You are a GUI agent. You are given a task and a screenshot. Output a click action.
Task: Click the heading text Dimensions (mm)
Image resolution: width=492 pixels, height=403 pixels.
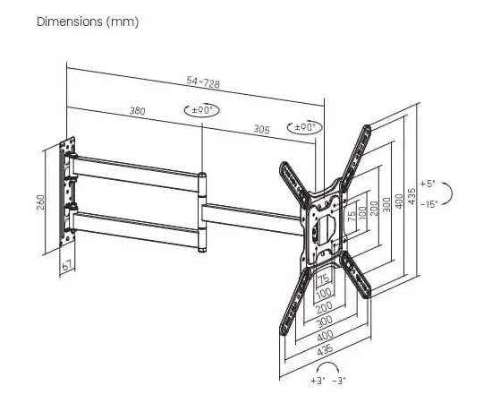[x=88, y=22]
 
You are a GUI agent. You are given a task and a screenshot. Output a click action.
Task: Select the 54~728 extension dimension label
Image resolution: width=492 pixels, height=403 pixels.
[x=203, y=82]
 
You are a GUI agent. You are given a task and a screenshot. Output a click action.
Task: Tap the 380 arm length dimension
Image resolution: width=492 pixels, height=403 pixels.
[x=138, y=111]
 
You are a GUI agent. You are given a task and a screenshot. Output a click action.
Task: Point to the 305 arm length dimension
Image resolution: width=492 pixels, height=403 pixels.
[x=261, y=129]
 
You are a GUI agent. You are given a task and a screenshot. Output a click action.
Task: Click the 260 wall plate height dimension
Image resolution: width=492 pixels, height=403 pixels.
[x=41, y=202]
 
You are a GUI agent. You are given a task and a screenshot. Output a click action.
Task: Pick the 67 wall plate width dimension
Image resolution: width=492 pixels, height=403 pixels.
[x=67, y=266]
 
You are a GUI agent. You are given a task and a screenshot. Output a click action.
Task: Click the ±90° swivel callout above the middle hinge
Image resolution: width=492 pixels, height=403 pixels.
[x=201, y=110]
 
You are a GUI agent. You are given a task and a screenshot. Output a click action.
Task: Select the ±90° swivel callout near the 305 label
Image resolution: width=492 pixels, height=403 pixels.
[x=305, y=127]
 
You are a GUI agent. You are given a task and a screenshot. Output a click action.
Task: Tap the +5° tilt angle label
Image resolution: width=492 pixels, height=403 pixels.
[x=428, y=184]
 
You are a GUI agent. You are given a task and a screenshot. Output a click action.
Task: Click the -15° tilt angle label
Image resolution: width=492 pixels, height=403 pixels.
[x=428, y=204]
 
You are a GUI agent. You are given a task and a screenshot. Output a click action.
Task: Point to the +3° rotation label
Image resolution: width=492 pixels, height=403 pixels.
[x=318, y=381]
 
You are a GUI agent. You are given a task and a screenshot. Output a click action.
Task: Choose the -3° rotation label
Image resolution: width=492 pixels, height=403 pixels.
[x=339, y=381]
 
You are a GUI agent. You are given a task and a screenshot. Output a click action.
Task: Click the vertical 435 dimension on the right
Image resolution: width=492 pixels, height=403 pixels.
[x=412, y=196]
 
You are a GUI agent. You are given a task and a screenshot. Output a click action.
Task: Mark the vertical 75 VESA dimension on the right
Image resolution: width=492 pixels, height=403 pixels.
[x=352, y=216]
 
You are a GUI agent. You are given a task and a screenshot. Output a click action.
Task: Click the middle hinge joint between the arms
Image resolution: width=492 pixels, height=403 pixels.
[x=202, y=212]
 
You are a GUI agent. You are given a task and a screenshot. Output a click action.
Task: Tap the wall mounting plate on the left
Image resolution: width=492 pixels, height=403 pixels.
[x=67, y=192]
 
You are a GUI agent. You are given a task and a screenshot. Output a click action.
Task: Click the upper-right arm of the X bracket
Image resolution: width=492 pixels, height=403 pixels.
[x=356, y=157]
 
